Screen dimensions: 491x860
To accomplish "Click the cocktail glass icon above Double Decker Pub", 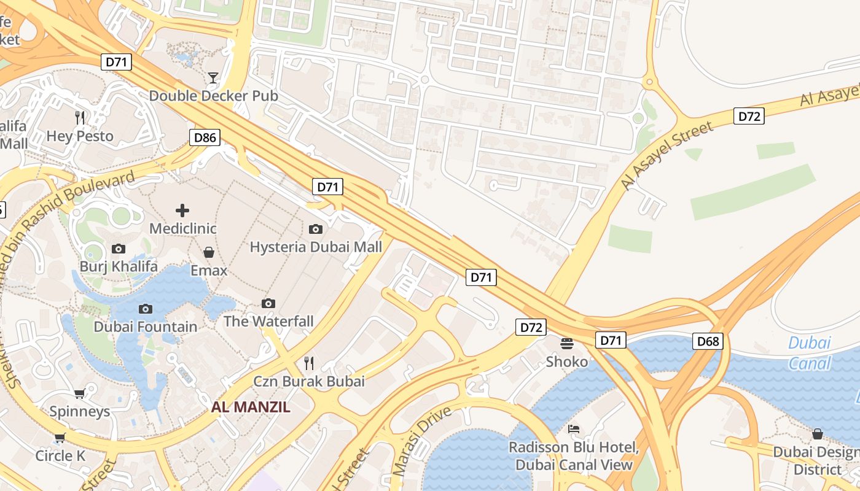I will pos(213,78).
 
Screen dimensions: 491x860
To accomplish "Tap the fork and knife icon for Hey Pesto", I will pos(79,118).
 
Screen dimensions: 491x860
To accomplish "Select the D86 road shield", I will pos(205,137).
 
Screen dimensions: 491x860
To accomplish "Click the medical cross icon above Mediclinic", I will pos(182,211).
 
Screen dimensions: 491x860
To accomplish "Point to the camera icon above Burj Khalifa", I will pos(119,249).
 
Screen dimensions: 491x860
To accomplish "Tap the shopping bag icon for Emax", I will pos(209,252).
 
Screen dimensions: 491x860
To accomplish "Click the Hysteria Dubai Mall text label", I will pos(316,247).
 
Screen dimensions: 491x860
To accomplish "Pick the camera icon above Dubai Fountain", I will pos(146,309).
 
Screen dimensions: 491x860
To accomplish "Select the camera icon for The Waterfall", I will pos(268,303).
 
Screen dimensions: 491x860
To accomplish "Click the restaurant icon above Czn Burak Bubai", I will pos(309,363).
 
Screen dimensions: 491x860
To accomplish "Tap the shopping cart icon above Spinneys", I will pos(79,393).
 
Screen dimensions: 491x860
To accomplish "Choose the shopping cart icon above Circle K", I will pos(60,438).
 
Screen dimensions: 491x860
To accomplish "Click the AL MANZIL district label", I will pos(251,407).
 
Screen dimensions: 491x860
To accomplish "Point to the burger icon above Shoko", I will pos(566,343).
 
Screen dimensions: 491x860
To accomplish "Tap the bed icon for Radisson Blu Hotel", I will pos(574,429).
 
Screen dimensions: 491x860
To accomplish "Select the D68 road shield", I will pos(708,341).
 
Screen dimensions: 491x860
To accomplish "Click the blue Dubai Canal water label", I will pos(810,353).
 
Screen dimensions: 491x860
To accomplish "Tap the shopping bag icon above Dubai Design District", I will pos(818,434).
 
